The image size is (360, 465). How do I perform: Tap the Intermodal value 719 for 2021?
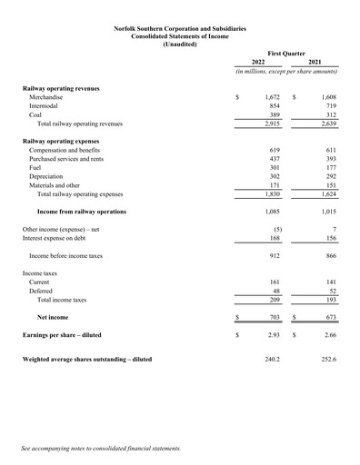pos(330,106)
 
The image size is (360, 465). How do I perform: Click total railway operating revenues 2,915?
pos(270,127)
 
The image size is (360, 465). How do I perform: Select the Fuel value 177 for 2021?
pos(330,166)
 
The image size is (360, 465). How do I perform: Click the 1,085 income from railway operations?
pos(270,212)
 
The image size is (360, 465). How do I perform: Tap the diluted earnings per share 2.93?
pos(272,336)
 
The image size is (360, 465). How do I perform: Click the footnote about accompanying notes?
pos(102,448)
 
